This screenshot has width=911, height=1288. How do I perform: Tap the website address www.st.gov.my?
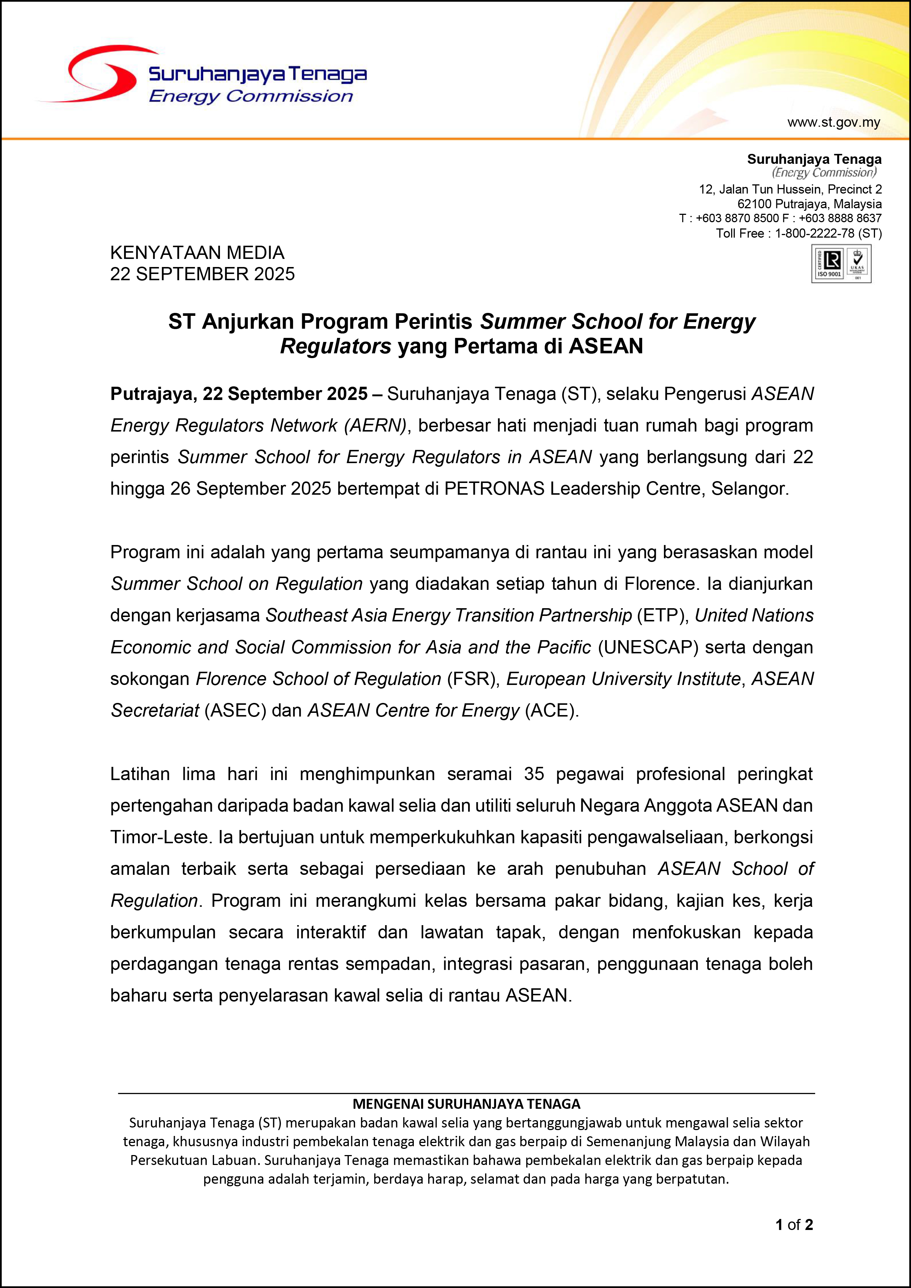pyautogui.click(x=834, y=122)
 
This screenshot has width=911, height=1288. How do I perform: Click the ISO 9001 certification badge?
pyautogui.click(x=841, y=264)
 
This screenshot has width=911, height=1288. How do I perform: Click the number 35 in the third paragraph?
pyautogui.click(x=534, y=774)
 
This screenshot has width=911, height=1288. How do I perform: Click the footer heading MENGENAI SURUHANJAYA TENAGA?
pyautogui.click(x=466, y=1104)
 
